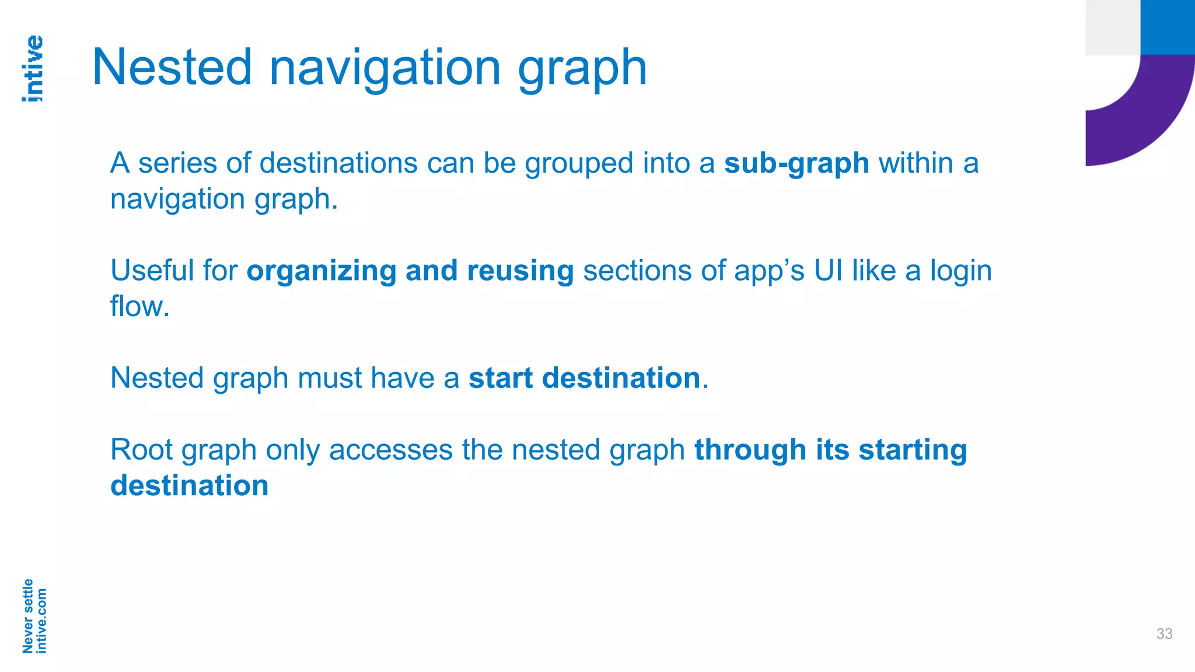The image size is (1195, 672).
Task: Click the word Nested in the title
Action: pos(172,68)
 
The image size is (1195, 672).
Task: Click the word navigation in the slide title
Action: pos(385,69)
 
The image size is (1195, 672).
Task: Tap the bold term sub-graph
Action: pos(796,163)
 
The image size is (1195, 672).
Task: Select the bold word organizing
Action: pos(322,271)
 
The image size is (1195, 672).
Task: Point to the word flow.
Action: pos(139,306)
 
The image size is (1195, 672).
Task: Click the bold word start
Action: pos(501,378)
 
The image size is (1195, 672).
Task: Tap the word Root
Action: pos(142,450)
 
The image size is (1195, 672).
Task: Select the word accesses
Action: pos(391,450)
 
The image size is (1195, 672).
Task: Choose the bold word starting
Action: pos(913,451)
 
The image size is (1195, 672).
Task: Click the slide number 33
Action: pos(1164,634)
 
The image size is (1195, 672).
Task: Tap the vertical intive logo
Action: pos(33,68)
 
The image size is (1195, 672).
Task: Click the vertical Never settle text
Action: pos(27,616)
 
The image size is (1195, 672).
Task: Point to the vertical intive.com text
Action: pos(41,621)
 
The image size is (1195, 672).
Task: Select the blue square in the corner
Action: pos(1168,27)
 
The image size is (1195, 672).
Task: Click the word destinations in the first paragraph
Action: pos(338,163)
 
